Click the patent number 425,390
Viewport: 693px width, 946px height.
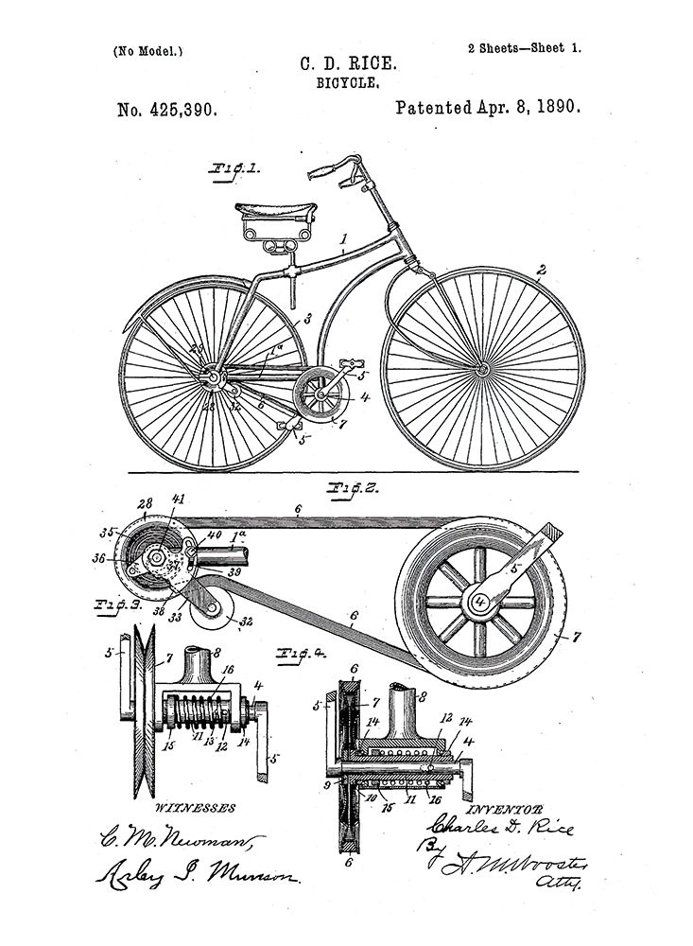pyautogui.click(x=168, y=110)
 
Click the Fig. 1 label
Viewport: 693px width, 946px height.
pyautogui.click(x=236, y=171)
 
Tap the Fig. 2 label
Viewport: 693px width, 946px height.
pyautogui.click(x=352, y=489)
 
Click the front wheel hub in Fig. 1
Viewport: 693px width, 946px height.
pyautogui.click(x=482, y=367)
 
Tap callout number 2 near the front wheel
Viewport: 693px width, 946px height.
pyautogui.click(x=541, y=271)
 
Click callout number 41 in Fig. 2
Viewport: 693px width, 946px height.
pyautogui.click(x=179, y=499)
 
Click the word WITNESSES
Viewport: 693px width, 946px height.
pyautogui.click(x=194, y=808)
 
